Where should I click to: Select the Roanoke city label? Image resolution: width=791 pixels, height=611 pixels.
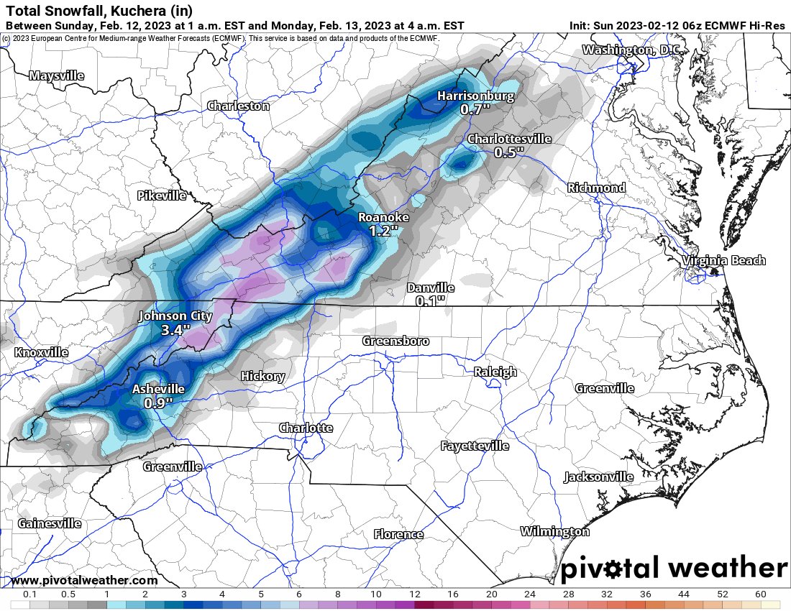(x=383, y=217)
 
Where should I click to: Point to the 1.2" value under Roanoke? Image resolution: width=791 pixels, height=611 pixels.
(x=383, y=231)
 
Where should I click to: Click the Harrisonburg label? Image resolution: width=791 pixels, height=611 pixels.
(x=476, y=96)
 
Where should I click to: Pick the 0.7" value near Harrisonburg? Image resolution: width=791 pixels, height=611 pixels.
(x=475, y=109)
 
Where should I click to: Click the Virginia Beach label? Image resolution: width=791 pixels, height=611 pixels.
(x=724, y=260)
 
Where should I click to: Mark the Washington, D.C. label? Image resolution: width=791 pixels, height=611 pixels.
(x=631, y=50)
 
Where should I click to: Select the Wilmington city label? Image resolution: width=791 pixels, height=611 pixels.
(x=554, y=531)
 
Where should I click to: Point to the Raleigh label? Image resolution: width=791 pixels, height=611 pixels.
(x=495, y=372)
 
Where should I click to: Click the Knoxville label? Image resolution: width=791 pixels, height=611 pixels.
(x=42, y=353)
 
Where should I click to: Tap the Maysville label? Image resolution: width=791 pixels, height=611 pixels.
(x=57, y=75)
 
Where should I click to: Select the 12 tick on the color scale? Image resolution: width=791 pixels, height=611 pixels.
(x=414, y=594)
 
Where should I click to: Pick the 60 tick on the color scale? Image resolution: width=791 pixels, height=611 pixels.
(x=761, y=594)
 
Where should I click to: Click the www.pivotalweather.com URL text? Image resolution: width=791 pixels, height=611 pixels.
(x=84, y=580)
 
